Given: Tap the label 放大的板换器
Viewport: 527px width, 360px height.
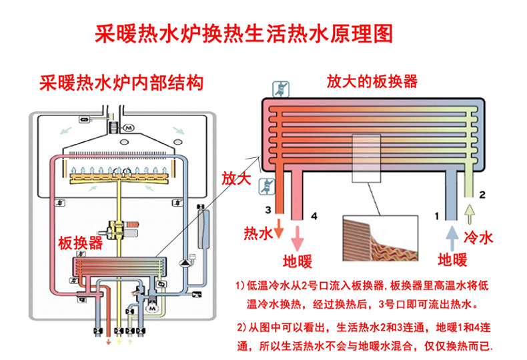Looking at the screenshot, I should [372, 82].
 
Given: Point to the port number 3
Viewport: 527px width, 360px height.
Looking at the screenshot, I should [267, 210].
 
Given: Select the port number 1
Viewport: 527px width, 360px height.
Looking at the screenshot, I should [437, 215].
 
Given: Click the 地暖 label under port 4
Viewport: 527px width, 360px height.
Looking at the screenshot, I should [298, 259].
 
